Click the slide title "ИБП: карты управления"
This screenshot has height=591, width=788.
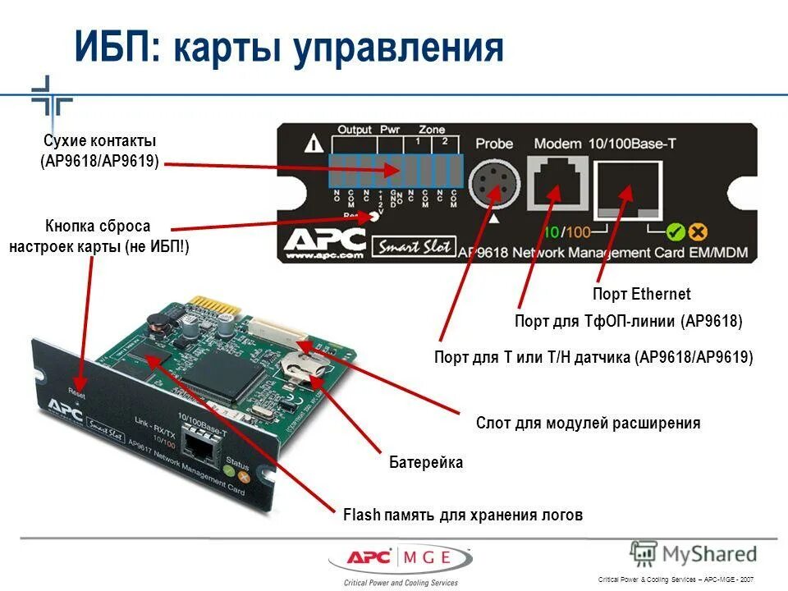[x=288, y=48]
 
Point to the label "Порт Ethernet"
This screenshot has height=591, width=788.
[x=641, y=294]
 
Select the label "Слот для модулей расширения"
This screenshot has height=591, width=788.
[x=588, y=424]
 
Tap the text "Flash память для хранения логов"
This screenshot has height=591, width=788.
[x=462, y=515]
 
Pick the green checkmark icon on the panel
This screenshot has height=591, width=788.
[x=676, y=232]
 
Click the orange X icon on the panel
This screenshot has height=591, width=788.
[x=699, y=232]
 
